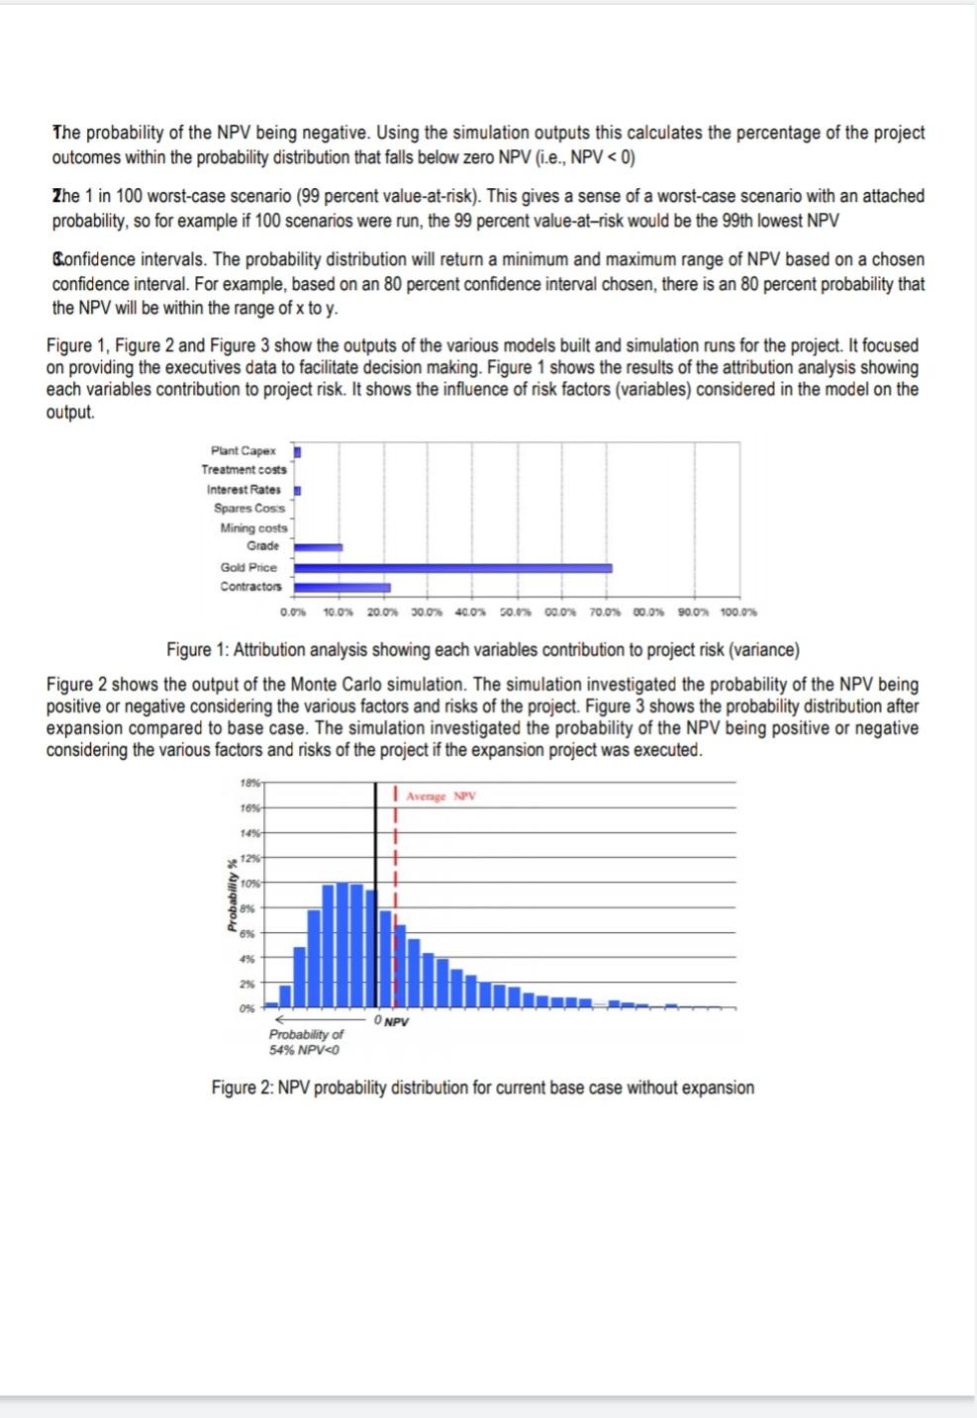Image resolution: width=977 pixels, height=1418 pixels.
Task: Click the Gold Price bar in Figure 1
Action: click(452, 568)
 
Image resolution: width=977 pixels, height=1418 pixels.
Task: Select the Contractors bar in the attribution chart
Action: click(342, 587)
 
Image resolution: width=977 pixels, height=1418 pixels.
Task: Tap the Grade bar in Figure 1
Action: click(318, 546)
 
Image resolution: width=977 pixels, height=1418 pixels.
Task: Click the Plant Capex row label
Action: click(243, 451)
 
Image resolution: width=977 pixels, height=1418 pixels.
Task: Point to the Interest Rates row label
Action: click(243, 490)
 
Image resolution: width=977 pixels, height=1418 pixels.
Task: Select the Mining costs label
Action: click(253, 528)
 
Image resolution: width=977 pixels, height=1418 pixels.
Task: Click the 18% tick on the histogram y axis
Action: click(249, 783)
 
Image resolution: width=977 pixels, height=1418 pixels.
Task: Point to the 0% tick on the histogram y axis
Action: click(246, 1008)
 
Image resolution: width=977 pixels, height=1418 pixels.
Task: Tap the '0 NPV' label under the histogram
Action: click(392, 1021)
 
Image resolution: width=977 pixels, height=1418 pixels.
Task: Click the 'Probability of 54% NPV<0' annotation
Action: click(306, 1041)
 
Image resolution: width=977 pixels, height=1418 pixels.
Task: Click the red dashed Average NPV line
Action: click(395, 851)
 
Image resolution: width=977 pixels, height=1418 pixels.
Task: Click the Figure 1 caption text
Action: click(482, 650)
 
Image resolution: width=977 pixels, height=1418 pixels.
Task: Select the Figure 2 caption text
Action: click(482, 1087)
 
